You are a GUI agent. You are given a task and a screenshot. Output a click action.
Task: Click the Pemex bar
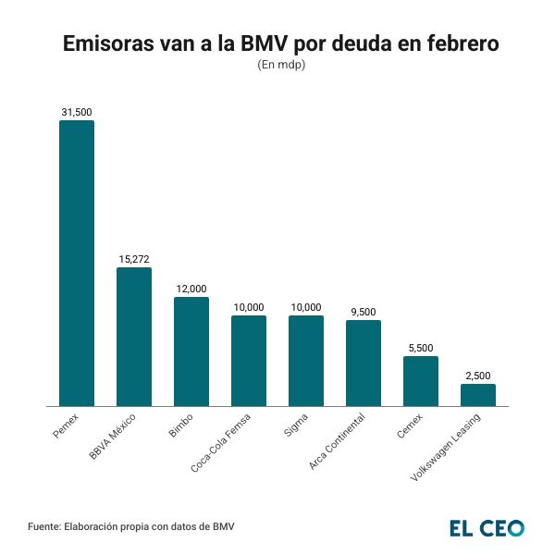point(77,264)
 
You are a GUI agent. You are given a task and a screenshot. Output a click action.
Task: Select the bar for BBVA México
point(134,337)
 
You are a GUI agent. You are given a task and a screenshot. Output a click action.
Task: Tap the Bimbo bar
point(191,351)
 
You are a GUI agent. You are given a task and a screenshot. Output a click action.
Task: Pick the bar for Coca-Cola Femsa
point(249,361)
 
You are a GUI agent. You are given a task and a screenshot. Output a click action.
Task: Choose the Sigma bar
point(306,361)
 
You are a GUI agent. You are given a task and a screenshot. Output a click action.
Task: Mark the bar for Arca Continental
point(364,363)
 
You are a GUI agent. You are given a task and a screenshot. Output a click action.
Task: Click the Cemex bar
point(421,381)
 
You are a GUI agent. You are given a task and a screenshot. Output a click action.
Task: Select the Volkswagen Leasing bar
point(478,395)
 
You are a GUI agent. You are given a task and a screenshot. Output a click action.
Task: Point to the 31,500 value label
point(77,112)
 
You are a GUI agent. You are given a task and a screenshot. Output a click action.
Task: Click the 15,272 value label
point(134,259)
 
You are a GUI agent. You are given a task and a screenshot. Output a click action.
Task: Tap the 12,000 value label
point(191,289)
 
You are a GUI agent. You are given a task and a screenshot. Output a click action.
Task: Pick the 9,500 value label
point(364,312)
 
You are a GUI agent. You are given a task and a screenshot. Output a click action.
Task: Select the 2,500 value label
point(478,376)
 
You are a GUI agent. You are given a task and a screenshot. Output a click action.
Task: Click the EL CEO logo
point(487,528)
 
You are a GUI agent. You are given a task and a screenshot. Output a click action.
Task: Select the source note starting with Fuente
point(131,527)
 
